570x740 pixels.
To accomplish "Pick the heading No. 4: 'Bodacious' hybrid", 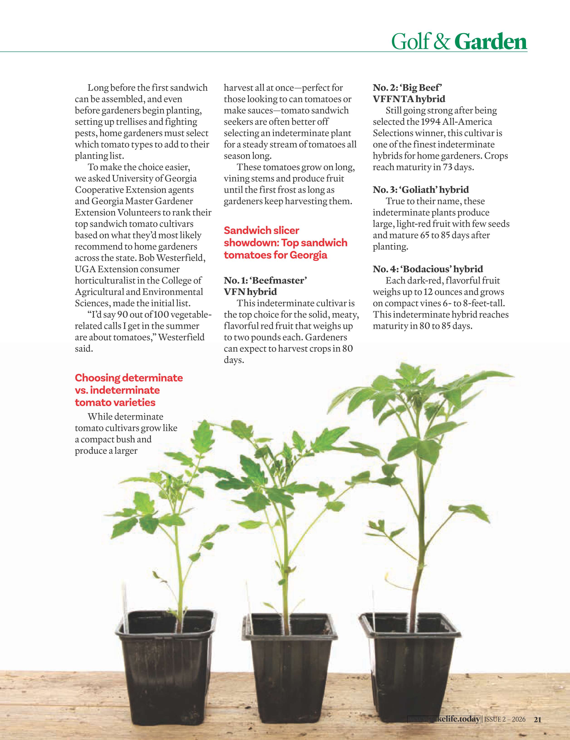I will [x=428, y=269].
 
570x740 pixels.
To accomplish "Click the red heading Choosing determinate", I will [x=129, y=378].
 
